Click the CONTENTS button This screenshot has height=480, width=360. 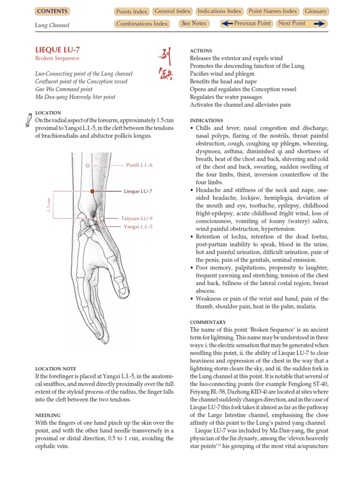click(x=52, y=11)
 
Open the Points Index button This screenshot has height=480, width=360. click(x=132, y=12)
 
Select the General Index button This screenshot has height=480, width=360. click(x=172, y=11)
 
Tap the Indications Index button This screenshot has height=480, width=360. click(x=219, y=11)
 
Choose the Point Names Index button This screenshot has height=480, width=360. click(x=273, y=11)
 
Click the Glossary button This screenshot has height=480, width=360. click(x=315, y=11)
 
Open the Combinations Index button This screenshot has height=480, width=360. click(x=142, y=24)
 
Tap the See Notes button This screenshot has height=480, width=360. click(x=194, y=23)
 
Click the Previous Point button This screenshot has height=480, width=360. click(x=246, y=23)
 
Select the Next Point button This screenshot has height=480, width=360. click(x=301, y=23)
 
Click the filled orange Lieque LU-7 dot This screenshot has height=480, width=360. click(x=92, y=191)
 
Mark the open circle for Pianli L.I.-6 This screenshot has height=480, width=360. click(x=88, y=165)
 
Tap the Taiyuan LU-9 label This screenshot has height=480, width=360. click(x=136, y=218)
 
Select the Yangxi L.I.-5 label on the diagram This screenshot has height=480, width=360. click(x=138, y=226)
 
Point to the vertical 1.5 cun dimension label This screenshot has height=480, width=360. click(x=48, y=205)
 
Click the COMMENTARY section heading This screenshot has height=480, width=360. click(x=208, y=322)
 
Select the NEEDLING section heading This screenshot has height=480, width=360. click(x=48, y=415)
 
